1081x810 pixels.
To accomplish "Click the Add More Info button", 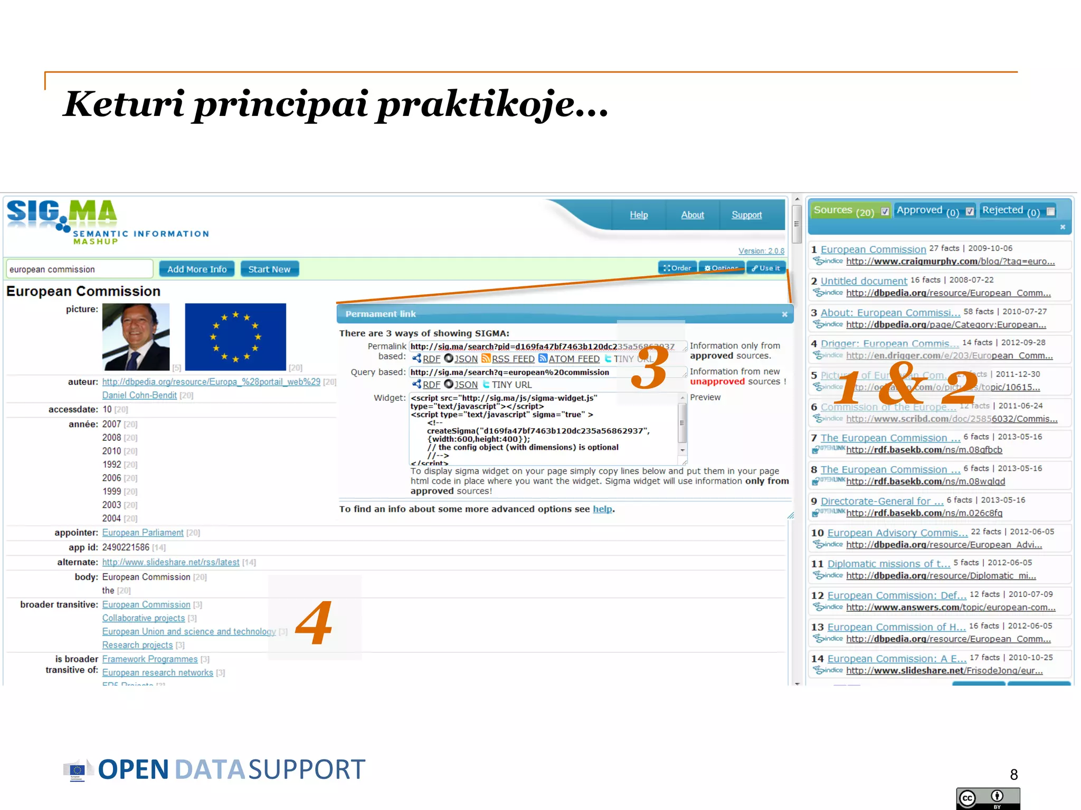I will (197, 269).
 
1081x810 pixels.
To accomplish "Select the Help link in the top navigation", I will (639, 215).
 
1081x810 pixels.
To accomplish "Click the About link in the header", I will (693, 215).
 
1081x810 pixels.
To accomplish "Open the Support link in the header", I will (746, 215).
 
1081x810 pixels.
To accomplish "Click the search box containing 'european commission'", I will (79, 269).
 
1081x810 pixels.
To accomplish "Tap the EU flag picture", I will (235, 337).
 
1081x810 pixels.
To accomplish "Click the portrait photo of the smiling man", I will (136, 337).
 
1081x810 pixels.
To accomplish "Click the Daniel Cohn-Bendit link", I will (139, 396).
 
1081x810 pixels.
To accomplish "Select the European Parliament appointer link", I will (143, 533).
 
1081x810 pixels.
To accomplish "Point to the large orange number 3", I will (649, 368).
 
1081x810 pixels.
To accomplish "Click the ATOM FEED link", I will (574, 359).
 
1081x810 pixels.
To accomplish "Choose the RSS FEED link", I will (513, 359).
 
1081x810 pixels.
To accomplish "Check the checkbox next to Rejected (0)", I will (1051, 211).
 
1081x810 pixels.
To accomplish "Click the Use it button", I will (766, 268).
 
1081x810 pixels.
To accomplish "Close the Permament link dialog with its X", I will (785, 314).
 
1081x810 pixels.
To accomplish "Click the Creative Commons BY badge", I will (988, 798).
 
